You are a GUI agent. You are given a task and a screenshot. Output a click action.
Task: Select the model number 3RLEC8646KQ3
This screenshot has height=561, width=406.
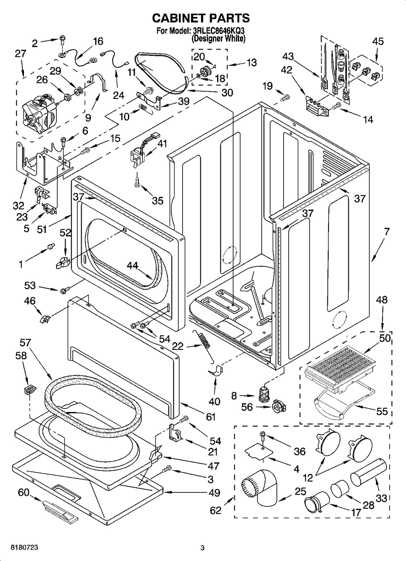tap(218, 31)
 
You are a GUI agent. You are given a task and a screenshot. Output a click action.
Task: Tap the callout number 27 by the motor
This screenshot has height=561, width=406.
tap(20, 53)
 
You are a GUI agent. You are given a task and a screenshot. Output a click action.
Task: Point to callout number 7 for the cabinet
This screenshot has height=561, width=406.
tap(386, 231)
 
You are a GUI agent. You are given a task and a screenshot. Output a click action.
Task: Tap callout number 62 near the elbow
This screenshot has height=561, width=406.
tap(215, 510)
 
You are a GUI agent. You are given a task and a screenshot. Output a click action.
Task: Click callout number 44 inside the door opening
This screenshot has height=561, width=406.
tap(133, 265)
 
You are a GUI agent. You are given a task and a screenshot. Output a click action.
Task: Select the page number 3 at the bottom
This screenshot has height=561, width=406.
tap(202, 548)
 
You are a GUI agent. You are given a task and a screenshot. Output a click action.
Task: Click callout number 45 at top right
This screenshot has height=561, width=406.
tap(378, 41)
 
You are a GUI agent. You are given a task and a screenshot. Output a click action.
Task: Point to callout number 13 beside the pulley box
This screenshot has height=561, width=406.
tap(252, 63)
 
